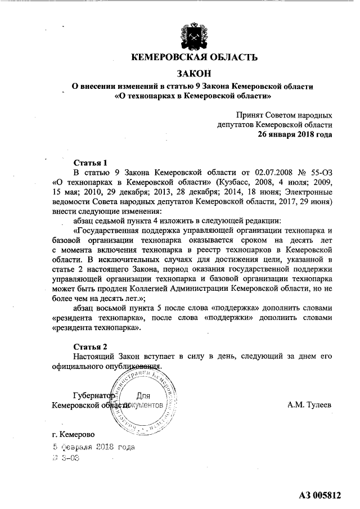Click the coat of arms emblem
click(x=194, y=34)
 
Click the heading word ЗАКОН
click(x=194, y=73)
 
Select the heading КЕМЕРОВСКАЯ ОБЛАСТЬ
click(x=194, y=57)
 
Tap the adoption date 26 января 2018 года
click(x=295, y=134)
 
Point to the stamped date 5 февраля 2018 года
click(x=93, y=448)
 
